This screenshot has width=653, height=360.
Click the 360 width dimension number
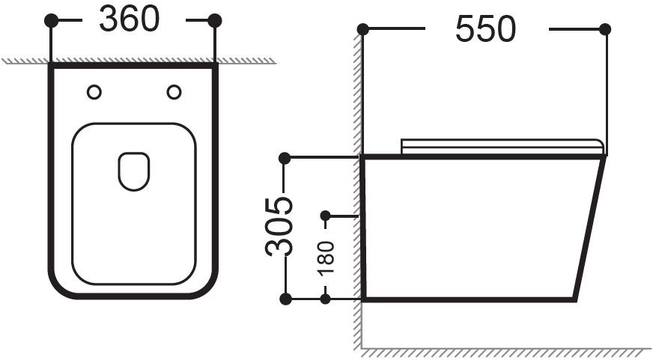pyautogui.click(x=129, y=19)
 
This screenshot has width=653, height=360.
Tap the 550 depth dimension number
pyautogui.click(x=485, y=28)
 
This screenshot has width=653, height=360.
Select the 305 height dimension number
pyautogui.click(x=279, y=226)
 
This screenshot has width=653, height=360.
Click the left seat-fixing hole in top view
pyautogui.click(x=94, y=92)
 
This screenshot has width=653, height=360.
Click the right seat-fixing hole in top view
pyautogui.click(x=174, y=92)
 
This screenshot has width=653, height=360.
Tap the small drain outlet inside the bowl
pyautogui.click(x=134, y=171)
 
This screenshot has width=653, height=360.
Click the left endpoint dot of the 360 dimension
pyautogui.click(x=51, y=20)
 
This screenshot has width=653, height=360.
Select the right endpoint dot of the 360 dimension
pyautogui.click(x=215, y=20)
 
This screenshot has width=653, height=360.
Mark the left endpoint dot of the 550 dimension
pyautogui.click(x=362, y=29)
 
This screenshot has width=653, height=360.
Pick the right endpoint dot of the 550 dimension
pyautogui.click(x=605, y=29)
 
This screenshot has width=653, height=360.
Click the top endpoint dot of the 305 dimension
pyautogui.click(x=285, y=158)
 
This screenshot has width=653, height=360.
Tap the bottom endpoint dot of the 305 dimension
pyautogui.click(x=285, y=299)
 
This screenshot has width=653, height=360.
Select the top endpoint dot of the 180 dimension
pyautogui.click(x=325, y=216)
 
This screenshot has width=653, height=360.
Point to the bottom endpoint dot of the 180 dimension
pyautogui.click(x=325, y=299)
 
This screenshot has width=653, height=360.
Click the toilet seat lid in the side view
pyautogui.click(x=502, y=147)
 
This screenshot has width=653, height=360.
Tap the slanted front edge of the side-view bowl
pyautogui.click(x=589, y=228)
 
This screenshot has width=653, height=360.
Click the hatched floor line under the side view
pyautogui.click(x=506, y=352)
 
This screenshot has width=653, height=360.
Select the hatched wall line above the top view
pyautogui.click(x=139, y=61)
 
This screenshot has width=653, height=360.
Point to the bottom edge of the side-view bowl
pyautogui.click(x=469, y=299)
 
